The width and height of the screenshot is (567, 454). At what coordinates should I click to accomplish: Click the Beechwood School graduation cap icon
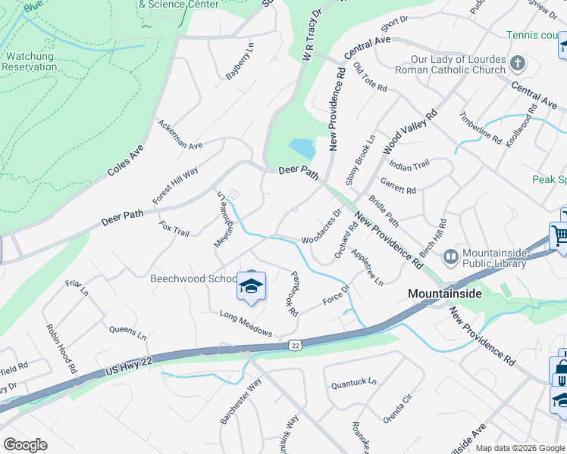click(x=252, y=286)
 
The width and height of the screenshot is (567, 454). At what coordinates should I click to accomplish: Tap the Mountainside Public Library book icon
click(x=451, y=257)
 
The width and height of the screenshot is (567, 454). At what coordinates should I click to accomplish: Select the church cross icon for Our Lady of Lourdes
click(x=518, y=63)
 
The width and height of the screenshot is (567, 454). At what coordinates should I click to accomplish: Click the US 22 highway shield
click(x=295, y=345)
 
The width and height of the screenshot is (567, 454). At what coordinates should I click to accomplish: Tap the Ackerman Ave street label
click(x=180, y=134)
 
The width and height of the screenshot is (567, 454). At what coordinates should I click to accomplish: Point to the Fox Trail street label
click(x=174, y=228)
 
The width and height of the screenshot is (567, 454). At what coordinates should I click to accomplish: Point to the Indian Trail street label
click(x=409, y=164)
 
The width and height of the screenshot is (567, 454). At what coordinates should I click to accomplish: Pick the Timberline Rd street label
click(x=481, y=129)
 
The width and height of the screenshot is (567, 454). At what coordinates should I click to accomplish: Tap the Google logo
click(x=25, y=445)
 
